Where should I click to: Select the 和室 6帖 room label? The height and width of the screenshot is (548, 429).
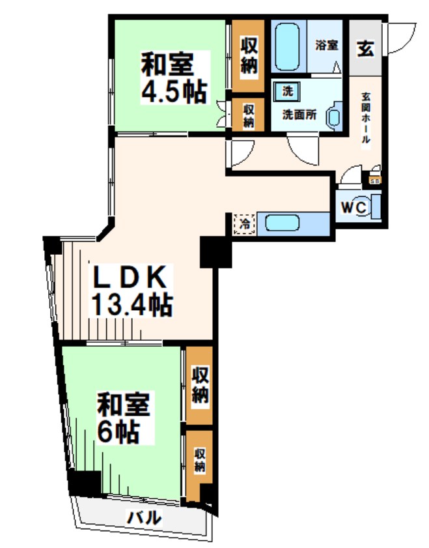[x=123, y=418]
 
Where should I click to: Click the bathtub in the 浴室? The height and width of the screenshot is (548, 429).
[x=286, y=46]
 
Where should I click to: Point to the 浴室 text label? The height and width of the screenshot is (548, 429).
[x=326, y=45]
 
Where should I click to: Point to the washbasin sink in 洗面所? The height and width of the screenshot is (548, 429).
[x=333, y=116]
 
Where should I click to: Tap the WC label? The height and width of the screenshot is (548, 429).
[x=354, y=208]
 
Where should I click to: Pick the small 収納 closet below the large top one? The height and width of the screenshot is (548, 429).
[x=248, y=115]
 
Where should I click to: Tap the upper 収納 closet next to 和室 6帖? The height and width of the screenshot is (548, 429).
[x=200, y=385]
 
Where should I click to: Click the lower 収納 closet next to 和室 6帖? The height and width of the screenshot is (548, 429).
[x=199, y=460]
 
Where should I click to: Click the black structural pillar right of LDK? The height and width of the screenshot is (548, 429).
[x=215, y=252]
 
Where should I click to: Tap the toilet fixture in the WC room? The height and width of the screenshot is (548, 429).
[x=375, y=208]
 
